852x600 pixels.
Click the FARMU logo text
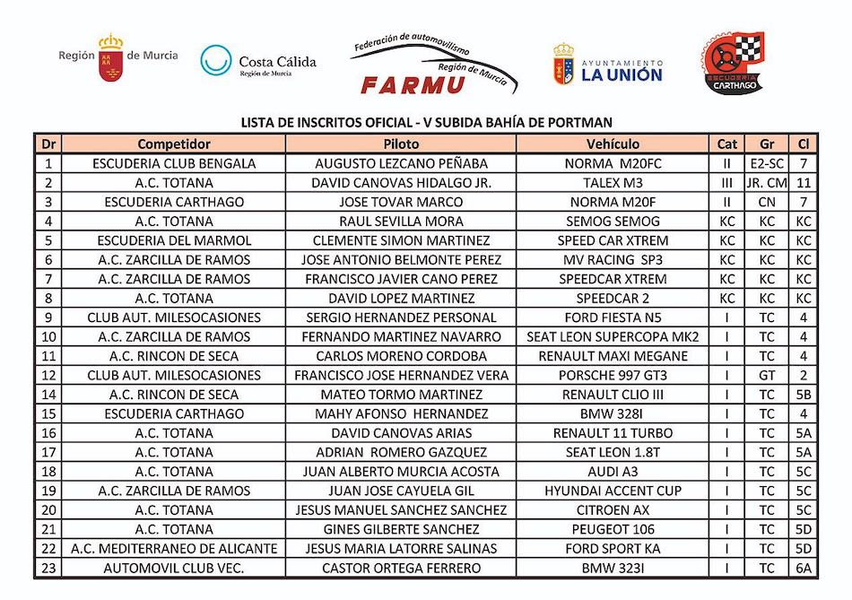tap(413, 85)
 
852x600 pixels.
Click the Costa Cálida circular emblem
tap(216, 61)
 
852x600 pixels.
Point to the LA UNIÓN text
tap(622, 74)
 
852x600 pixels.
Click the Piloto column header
tap(401, 143)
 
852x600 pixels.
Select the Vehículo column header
tap(613, 143)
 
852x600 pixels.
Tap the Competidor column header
tap(174, 143)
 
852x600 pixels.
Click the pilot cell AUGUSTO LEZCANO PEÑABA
tap(401, 163)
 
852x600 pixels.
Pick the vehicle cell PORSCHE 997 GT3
tap(613, 375)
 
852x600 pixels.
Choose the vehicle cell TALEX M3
tap(613, 183)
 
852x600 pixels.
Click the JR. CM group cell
tap(766, 183)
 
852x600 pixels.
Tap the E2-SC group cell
tap(766, 163)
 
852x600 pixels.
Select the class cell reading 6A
tap(804, 568)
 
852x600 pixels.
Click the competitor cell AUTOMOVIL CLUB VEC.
tap(174, 568)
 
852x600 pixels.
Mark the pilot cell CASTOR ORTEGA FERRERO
tap(401, 568)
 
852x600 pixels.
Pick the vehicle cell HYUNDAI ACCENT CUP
tap(613, 491)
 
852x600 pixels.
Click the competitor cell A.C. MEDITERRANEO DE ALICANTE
tap(174, 548)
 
